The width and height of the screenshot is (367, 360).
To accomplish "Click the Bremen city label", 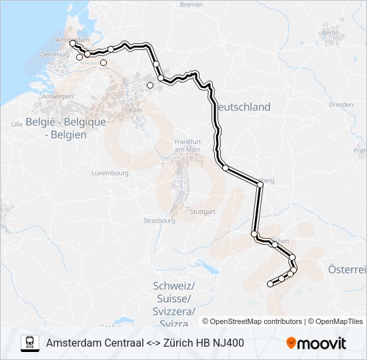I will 191,5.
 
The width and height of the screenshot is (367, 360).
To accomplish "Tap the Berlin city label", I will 330,32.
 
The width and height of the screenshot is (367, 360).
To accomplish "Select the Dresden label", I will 341,105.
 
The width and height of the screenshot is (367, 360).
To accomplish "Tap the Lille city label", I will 17,125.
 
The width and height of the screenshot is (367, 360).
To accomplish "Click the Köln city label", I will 135,109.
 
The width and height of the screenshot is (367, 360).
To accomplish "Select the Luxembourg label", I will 110,173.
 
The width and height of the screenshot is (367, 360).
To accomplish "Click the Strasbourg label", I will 159,220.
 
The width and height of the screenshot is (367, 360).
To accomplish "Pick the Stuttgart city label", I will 202,212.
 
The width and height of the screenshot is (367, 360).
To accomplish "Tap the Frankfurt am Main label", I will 188,145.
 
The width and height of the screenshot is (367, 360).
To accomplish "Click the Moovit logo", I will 316,343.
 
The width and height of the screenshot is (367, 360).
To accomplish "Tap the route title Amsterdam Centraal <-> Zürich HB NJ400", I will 145,343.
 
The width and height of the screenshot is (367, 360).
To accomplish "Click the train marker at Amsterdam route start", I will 73,44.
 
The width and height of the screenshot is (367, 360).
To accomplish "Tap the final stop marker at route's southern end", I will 270,284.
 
